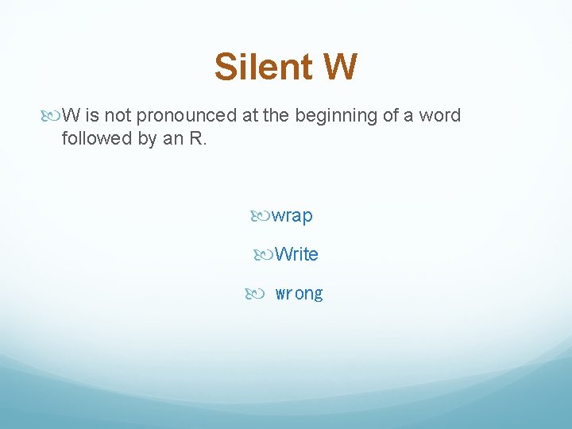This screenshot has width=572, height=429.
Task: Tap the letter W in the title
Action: (340, 68)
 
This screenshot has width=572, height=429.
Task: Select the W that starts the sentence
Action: (70, 116)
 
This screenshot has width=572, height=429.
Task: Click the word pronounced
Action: (187, 116)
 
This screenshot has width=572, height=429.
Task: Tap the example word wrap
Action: (292, 216)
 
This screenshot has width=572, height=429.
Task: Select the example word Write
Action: (296, 255)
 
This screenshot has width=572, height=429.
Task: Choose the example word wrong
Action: (299, 294)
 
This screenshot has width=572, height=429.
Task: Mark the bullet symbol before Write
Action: (264, 254)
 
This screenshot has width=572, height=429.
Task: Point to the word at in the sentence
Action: (250, 116)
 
